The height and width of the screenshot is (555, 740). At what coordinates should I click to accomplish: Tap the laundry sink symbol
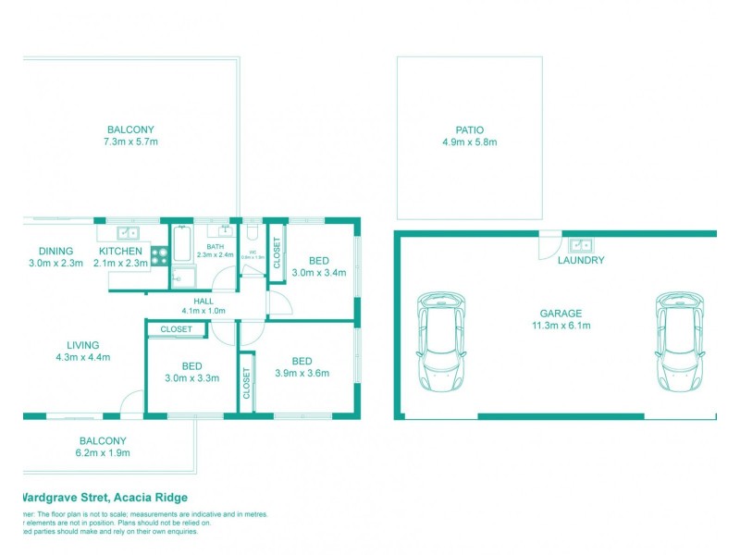tap(581, 245)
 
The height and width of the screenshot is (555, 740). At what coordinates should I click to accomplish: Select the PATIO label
tap(469, 130)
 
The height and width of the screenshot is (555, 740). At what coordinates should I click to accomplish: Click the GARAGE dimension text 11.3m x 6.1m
tap(561, 326)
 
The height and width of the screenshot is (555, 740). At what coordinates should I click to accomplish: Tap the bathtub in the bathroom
tap(183, 248)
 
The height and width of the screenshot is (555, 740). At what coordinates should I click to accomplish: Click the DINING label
tap(55, 251)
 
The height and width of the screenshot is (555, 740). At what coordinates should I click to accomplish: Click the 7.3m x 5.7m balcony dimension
tap(130, 142)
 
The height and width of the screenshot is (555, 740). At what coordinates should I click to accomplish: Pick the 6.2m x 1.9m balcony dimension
tap(102, 453)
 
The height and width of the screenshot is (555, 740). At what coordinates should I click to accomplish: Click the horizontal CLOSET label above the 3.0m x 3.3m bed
tap(176, 329)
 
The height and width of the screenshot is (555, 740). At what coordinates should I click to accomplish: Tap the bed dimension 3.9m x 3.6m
tap(302, 374)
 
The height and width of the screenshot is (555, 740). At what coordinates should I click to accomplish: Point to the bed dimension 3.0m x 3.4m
tap(318, 273)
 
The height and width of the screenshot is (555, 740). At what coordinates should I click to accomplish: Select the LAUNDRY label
tap(581, 261)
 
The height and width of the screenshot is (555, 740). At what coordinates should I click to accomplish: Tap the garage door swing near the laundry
tap(549, 245)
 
